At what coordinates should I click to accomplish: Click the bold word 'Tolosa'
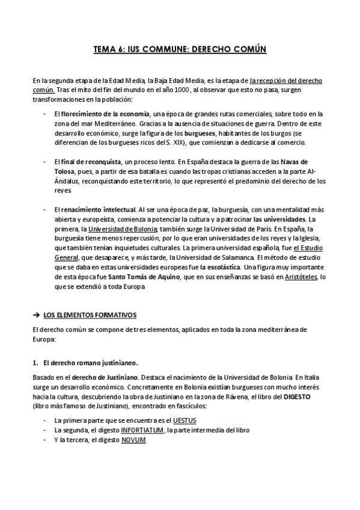click(67, 171)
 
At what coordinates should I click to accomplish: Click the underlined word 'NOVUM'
click(133, 439)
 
